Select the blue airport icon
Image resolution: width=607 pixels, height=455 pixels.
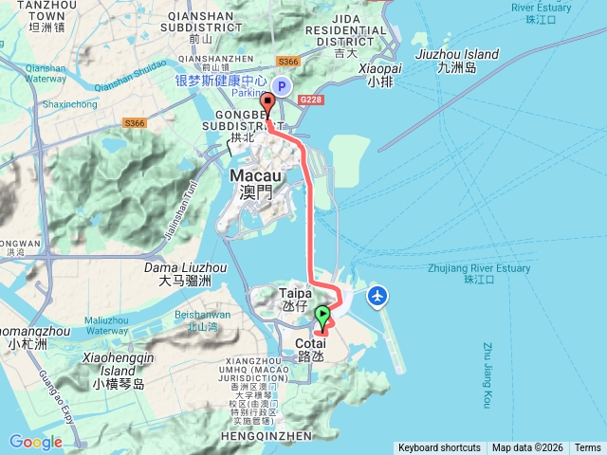click(378, 297)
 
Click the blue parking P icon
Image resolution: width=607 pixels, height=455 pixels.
click(281, 84)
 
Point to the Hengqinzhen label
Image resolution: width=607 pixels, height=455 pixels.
click(270, 436)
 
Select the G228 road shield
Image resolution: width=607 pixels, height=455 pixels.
click(310, 99)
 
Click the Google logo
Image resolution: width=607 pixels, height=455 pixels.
click(35, 442)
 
